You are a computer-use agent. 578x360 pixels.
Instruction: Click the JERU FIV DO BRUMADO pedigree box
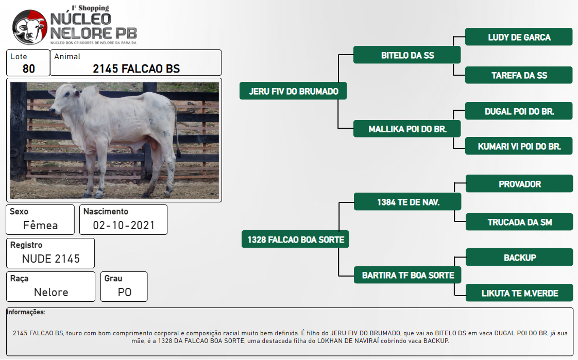293,91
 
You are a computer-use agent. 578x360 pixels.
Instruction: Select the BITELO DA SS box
407,55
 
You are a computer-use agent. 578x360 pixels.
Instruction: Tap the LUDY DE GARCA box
519,37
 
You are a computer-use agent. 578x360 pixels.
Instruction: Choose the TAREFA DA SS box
519,75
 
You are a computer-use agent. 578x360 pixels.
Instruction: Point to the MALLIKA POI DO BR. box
407,129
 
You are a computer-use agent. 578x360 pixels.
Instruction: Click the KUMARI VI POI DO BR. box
519,146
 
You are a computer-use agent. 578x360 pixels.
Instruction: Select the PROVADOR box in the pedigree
519,183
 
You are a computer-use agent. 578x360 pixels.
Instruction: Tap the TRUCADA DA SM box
519,222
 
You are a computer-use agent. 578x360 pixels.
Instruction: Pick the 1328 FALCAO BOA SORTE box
295,239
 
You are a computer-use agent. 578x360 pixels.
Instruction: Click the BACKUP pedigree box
519,257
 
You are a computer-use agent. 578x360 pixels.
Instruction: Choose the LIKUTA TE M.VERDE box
519,293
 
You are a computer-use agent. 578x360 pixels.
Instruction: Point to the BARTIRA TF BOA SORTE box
407,275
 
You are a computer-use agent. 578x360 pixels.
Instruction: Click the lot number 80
29,68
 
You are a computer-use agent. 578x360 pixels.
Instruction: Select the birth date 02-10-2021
124,225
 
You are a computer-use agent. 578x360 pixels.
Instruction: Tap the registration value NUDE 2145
51,259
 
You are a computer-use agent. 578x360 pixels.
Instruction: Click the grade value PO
125,292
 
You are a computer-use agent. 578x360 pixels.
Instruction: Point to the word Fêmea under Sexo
41,225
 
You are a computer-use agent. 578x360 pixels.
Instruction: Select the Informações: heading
26,312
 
